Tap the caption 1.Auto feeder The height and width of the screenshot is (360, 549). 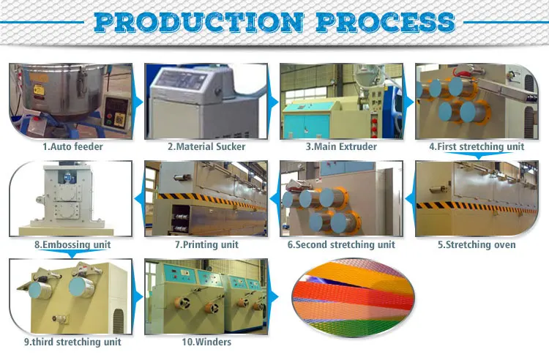72,146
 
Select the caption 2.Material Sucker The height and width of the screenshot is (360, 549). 207,146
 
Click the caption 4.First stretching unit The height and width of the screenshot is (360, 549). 477,146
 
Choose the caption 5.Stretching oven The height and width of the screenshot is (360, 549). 477,244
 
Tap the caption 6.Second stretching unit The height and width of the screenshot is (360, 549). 341,244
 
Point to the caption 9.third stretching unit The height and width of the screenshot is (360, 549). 72,342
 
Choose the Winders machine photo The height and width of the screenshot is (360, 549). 206,296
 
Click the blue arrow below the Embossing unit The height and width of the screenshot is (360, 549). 70,254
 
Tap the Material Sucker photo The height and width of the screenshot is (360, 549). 207,101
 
